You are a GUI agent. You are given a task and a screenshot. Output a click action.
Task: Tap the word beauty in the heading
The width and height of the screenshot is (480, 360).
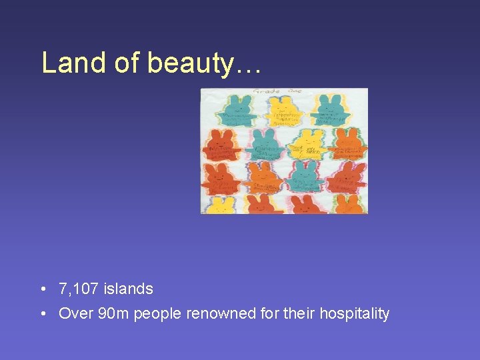pos(191,63)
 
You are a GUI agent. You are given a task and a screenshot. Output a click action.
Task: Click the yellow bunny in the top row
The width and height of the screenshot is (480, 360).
pos(285,111)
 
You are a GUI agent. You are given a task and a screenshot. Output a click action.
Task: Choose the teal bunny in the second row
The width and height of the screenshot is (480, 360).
pos(264,144)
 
